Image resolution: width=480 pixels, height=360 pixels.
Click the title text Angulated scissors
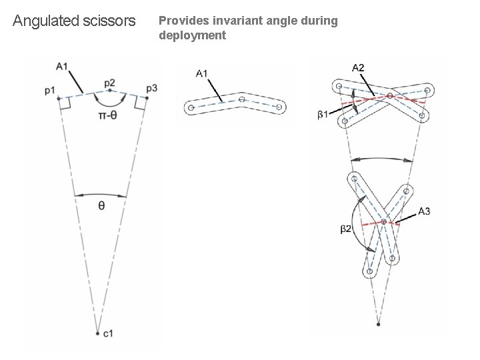tap(74, 21)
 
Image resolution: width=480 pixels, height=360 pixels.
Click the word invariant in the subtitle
tap(231, 21)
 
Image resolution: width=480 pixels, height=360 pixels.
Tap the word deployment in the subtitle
tap(192, 35)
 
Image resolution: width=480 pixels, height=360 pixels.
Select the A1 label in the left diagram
tap(62, 66)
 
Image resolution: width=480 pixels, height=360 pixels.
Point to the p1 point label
tap(50, 90)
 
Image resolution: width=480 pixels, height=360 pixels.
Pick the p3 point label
tap(151, 88)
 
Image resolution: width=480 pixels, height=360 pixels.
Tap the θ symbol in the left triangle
tap(101, 206)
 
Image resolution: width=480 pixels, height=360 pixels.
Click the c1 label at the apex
tap(107, 333)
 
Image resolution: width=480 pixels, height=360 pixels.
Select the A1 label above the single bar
tap(202, 73)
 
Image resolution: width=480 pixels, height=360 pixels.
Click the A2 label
tap(359, 67)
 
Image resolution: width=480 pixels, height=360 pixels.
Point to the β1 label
tap(323, 115)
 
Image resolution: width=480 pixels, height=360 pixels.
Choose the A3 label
tap(424, 211)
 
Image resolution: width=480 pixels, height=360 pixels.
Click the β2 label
tap(346, 229)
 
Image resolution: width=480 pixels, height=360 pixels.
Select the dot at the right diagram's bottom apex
tap(378, 325)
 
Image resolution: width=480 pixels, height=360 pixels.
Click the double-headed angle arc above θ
tap(101, 195)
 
